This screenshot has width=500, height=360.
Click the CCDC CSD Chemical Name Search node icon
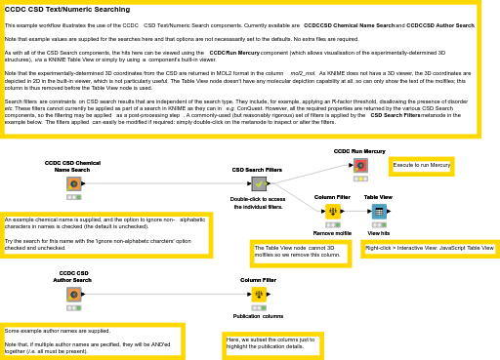[73, 183]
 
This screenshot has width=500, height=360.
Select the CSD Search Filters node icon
[258, 183]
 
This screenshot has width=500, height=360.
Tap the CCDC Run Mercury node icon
[360, 165]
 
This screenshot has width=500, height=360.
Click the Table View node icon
[378, 211]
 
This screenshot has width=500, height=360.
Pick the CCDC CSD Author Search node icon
[73, 294]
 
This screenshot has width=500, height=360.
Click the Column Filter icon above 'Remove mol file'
[332, 211]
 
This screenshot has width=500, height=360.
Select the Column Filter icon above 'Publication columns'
[258, 294]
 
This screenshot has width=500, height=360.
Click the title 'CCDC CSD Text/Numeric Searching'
[67, 10]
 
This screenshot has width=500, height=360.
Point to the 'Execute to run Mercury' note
[421, 166]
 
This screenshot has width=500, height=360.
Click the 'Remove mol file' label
[332, 234]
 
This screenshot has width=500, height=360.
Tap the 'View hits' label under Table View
[378, 234]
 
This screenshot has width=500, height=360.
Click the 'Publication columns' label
[258, 316]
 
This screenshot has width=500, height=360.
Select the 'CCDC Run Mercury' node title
[359, 151]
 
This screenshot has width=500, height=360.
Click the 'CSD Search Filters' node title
[257, 170]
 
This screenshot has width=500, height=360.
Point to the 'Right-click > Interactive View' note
[430, 249]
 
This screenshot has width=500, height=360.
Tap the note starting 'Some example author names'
[92, 340]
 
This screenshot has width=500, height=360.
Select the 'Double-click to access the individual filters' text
[258, 203]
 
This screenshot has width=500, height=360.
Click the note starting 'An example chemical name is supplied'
[105, 233]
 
